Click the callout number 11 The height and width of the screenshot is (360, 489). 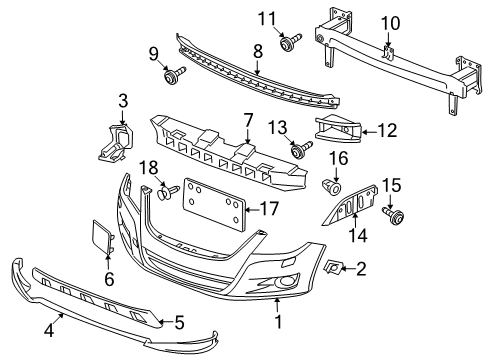pyautogui.click(x=268, y=19)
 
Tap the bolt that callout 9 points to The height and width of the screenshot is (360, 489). pyautogui.click(x=175, y=75)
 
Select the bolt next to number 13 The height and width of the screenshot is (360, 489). pyautogui.click(x=301, y=149)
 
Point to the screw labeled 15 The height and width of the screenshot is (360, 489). pyautogui.click(x=393, y=214)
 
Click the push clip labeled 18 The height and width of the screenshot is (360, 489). pyautogui.click(x=168, y=192)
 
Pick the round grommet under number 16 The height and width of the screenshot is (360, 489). pyautogui.click(x=332, y=187)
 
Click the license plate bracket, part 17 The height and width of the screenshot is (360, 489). pyautogui.click(x=213, y=204)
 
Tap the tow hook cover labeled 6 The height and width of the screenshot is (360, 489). pyautogui.click(x=103, y=236)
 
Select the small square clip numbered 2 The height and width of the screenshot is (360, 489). pyautogui.click(x=333, y=267)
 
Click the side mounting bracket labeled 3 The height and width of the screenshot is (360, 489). pyautogui.click(x=115, y=143)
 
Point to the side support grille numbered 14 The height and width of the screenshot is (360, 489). pyautogui.click(x=351, y=205)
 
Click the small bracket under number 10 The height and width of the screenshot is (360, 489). pyautogui.click(x=389, y=53)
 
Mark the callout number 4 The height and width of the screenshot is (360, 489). pyautogui.click(x=49, y=331)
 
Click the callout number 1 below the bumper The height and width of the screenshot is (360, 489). pyautogui.click(x=278, y=322)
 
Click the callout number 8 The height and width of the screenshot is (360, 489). pyautogui.click(x=258, y=52)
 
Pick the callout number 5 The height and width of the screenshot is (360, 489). pyautogui.click(x=179, y=322)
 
